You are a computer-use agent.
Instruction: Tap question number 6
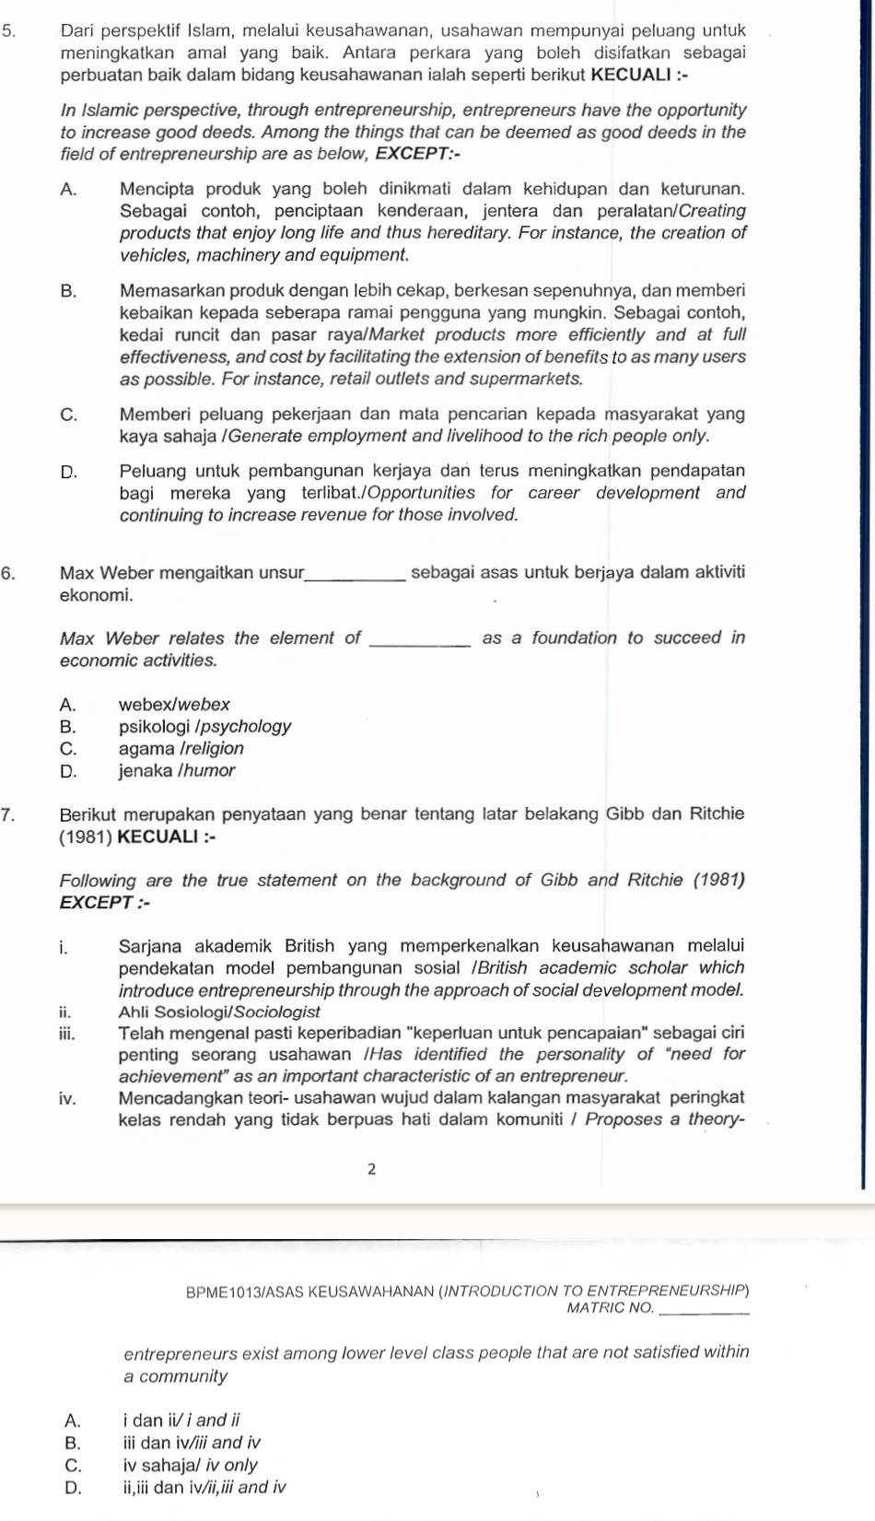[7, 573]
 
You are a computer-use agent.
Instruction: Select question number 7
[7, 814]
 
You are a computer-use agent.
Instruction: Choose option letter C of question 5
[68, 415]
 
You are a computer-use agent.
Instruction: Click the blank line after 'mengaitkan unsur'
[355, 578]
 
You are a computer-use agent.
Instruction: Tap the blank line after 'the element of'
[420, 643]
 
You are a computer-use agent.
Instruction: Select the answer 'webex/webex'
[174, 705]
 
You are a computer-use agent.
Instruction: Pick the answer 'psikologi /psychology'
[204, 727]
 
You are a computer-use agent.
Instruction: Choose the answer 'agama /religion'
[181, 749]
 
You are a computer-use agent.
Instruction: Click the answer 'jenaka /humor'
[177, 771]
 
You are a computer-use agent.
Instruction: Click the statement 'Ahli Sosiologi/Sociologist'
[219, 1012]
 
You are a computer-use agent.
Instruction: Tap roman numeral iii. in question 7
[66, 1034]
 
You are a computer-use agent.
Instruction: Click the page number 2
[371, 1170]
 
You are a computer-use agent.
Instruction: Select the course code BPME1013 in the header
[224, 1292]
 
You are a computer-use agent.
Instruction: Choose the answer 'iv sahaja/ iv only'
[190, 1466]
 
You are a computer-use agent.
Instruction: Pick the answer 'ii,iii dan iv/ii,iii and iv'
[204, 1488]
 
